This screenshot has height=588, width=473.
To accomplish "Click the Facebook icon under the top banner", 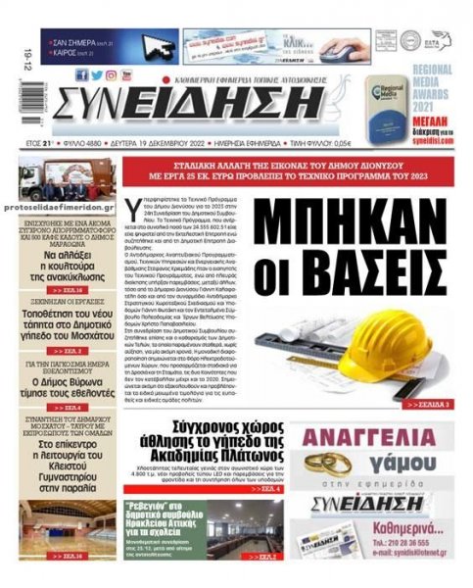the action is tap(81, 75).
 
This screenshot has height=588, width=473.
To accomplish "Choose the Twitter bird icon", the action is tap(96, 75).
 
